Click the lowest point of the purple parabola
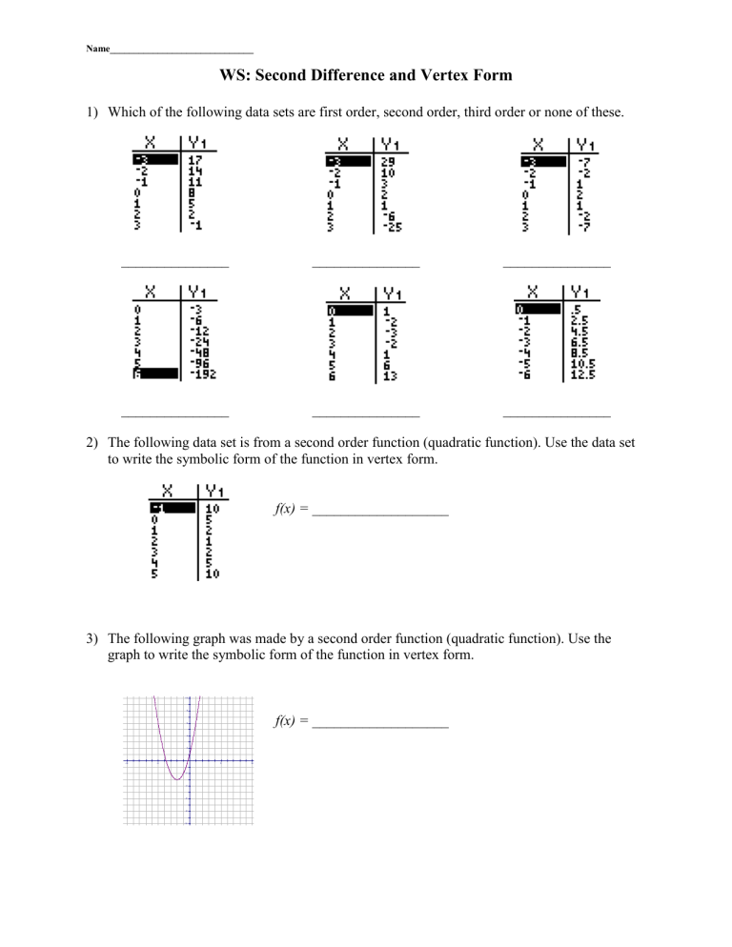177,780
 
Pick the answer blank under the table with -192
174,415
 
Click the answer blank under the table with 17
174,266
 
